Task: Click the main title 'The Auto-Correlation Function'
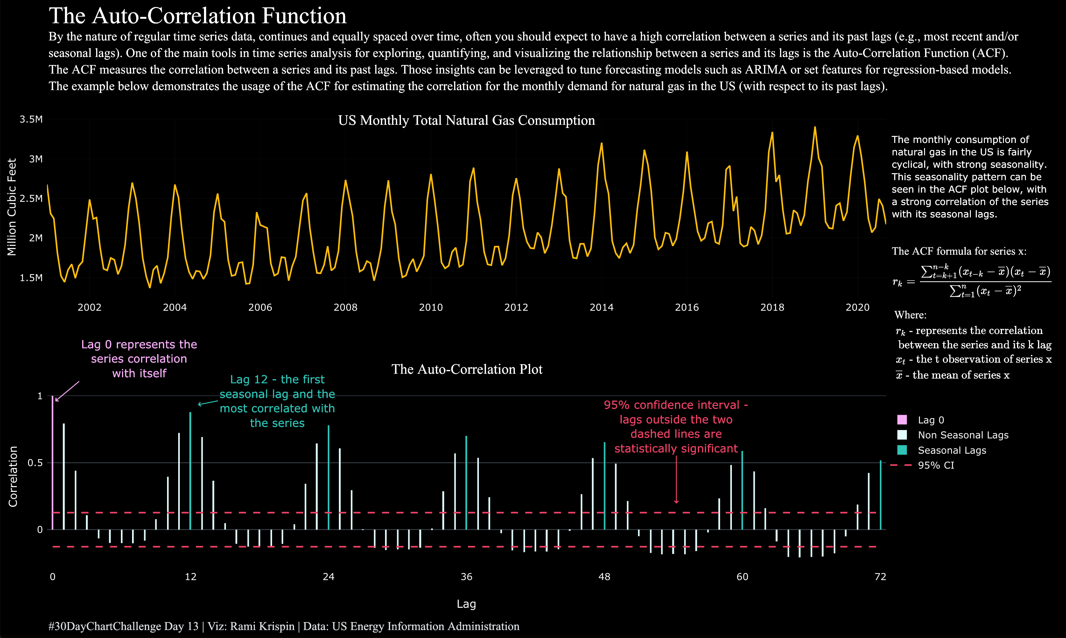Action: coord(198,16)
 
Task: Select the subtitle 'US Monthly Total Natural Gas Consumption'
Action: coord(466,120)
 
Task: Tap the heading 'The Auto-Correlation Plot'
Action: coord(466,369)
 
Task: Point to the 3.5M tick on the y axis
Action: coord(31,119)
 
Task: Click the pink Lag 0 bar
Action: coord(53,464)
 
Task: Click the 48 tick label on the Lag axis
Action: coord(604,577)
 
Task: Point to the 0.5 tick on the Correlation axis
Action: coord(35,463)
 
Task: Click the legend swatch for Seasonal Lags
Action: coord(902,450)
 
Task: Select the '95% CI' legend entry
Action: coord(936,465)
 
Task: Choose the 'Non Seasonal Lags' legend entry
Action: coord(963,435)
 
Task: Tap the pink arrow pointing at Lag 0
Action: coord(67,391)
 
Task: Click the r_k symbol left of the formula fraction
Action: coord(898,282)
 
